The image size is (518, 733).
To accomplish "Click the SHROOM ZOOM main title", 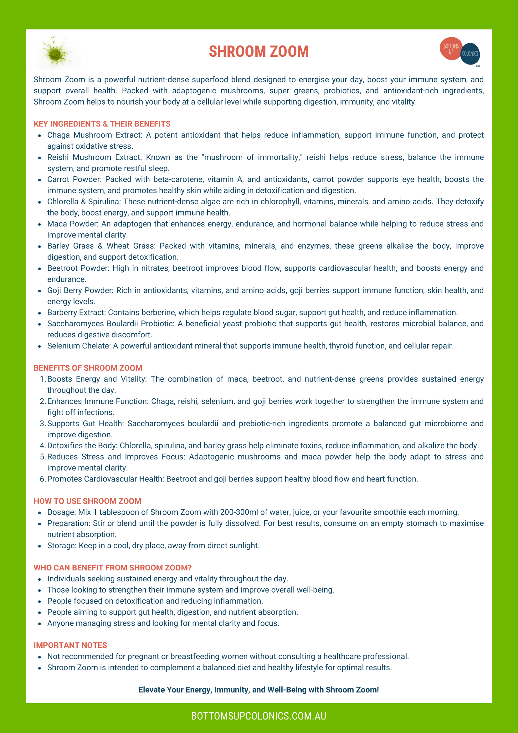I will pyautogui.click(x=259, y=51).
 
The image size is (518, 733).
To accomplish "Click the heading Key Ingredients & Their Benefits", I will pyautogui.click(x=102, y=124).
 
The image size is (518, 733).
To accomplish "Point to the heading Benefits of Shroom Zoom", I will pyautogui.click(x=88, y=368).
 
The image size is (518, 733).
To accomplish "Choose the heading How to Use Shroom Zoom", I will pyautogui.click(x=87, y=501).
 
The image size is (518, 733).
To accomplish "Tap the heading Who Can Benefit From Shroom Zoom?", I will pyautogui.click(x=113, y=568).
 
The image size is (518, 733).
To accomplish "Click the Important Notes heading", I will pyautogui.click(x=70, y=645).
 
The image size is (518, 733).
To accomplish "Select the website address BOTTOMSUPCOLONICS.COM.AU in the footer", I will pyautogui.click(x=259, y=716).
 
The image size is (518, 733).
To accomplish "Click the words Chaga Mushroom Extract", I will pyautogui.click(x=95, y=135).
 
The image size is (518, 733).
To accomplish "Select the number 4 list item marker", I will pyautogui.click(x=43, y=446).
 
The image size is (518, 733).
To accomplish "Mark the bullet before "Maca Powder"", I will pyautogui.click(x=39, y=224).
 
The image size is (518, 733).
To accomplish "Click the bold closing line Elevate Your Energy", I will pyautogui.click(x=259, y=689).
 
